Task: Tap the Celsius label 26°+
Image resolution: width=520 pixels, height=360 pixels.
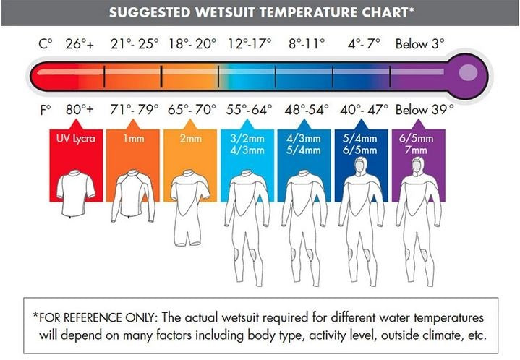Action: pyautogui.click(x=80, y=44)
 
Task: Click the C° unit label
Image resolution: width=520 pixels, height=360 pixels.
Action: pyautogui.click(x=46, y=44)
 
